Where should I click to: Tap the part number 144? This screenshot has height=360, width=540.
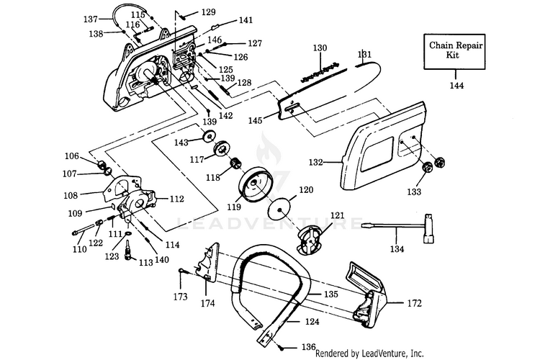[456, 86]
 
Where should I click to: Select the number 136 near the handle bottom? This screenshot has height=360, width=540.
[309, 346]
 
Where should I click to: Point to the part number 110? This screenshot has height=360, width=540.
[80, 250]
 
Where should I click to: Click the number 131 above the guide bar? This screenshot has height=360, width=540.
[364, 54]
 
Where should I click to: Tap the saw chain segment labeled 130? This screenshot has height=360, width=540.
[321, 70]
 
